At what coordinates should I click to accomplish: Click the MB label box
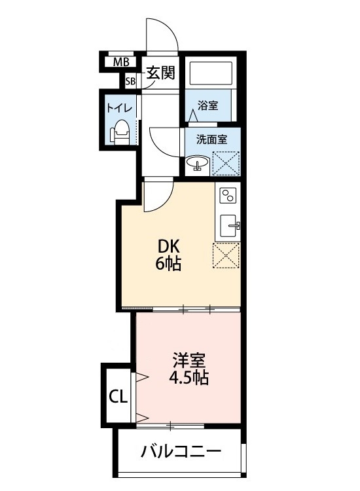coord(120,63)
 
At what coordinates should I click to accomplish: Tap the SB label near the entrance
coord(131,81)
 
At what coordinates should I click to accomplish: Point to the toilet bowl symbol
coord(120,133)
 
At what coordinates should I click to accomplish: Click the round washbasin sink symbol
coord(197,163)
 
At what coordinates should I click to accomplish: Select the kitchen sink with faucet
coord(229,226)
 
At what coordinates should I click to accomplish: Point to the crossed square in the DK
coord(226,255)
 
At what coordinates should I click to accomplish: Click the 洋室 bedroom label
coord(189,359)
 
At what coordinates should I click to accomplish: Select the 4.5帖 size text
coord(189,378)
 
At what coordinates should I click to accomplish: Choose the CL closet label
coord(118,396)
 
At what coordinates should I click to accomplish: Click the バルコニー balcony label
coord(181,452)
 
